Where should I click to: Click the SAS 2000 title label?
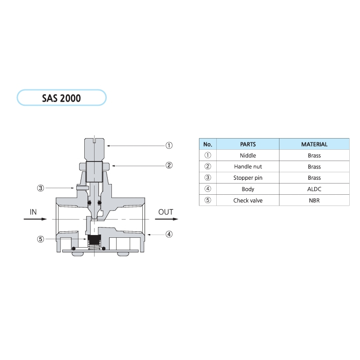[x=61, y=98]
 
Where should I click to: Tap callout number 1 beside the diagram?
[x=169, y=145]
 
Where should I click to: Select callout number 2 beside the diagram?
[x=169, y=165]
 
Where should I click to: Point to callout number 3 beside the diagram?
[x=41, y=188]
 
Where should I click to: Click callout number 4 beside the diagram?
[x=169, y=234]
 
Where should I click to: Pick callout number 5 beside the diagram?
[x=41, y=239]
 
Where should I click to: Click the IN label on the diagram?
[x=33, y=212]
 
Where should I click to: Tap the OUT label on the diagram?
[x=166, y=212]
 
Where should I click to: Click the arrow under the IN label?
[x=35, y=219]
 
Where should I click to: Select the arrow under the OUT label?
[x=167, y=219]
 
